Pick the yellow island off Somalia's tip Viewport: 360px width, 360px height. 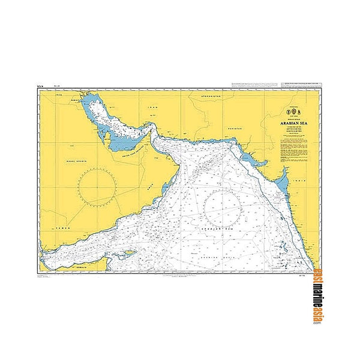tap(128, 254)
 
